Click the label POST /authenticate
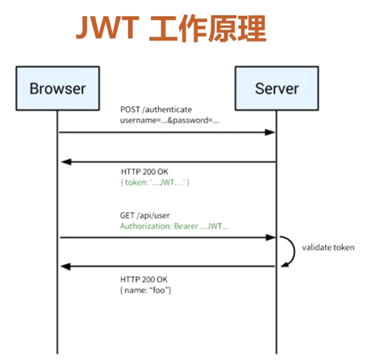coord(157,110)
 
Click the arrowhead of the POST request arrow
coord(270,132)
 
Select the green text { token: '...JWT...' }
coord(155,182)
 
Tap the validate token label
coord(327,247)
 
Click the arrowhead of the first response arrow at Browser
coord(65,162)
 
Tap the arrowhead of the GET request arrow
coord(270,238)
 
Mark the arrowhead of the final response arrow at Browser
coord(65,266)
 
